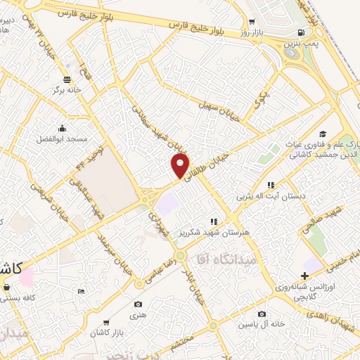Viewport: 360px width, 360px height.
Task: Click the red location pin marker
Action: pos(181,166)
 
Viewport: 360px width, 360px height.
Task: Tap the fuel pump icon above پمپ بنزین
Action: pos(302,33)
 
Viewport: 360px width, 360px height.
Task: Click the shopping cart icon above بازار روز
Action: pos(252,22)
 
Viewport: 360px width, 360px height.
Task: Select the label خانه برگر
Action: pos(67,91)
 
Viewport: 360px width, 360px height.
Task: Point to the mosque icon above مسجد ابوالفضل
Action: pos(63,128)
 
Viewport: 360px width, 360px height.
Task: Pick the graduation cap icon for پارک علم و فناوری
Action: pos(323,134)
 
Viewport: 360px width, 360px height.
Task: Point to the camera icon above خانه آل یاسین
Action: pos(262,314)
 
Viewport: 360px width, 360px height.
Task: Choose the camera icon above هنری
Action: pos(139,304)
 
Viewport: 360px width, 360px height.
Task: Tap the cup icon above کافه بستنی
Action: pos(7,287)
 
